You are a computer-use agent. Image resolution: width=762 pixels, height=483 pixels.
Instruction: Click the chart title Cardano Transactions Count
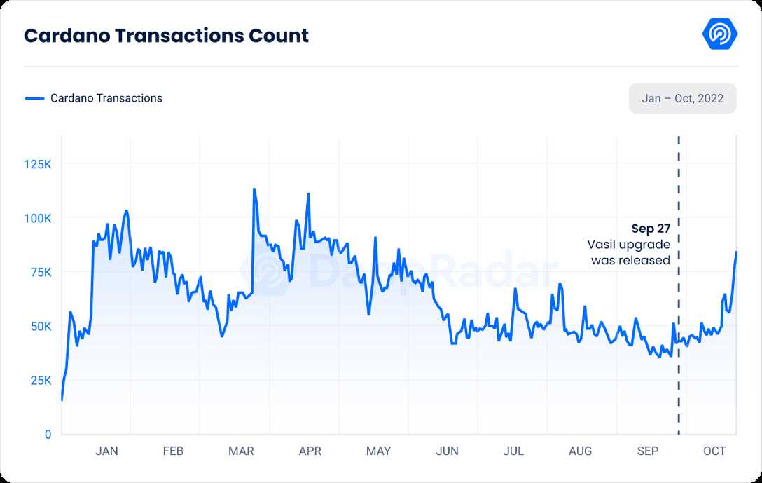(166, 36)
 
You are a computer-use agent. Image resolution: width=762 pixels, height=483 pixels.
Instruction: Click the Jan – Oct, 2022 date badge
(682, 98)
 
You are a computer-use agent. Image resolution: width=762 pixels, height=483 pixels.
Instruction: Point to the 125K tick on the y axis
(38, 165)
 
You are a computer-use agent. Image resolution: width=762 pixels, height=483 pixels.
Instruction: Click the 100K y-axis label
(38, 219)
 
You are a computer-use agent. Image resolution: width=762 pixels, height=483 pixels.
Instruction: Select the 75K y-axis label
(41, 273)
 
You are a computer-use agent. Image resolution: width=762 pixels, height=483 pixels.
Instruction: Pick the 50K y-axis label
(41, 327)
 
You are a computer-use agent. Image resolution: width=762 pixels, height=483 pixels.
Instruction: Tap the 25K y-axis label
(41, 381)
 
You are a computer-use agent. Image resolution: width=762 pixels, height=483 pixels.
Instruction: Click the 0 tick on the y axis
(48, 435)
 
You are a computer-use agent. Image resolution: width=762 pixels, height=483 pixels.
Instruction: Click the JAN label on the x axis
(106, 451)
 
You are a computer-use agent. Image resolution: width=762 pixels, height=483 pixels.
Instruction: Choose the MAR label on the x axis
(241, 451)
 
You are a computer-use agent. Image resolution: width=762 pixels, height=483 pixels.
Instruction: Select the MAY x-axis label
(378, 451)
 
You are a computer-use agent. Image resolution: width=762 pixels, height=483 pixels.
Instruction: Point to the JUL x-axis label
(513, 451)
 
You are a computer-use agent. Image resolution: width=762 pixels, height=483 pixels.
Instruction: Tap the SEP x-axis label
(648, 451)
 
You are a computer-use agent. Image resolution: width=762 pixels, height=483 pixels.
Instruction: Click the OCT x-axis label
(714, 451)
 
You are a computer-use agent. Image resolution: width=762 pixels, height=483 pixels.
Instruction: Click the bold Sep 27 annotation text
(651, 229)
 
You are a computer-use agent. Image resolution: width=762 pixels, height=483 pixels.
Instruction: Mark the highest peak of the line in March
(254, 189)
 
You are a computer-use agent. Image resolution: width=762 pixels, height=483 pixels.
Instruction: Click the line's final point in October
(736, 252)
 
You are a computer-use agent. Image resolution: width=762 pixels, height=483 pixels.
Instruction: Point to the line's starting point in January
(62, 400)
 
